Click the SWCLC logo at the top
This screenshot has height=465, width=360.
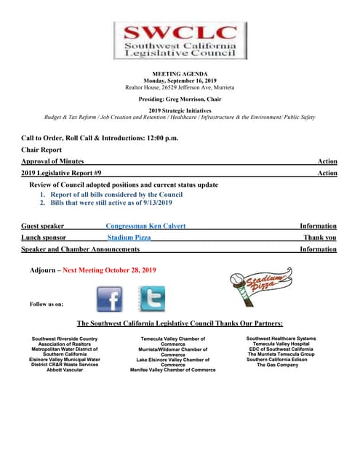(179, 40)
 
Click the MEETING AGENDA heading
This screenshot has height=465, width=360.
(180, 74)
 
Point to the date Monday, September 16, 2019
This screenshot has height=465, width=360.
(180, 81)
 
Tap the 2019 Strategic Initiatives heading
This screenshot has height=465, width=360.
(180, 110)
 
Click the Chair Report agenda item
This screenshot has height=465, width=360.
(41, 150)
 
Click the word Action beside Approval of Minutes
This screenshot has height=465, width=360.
(327, 161)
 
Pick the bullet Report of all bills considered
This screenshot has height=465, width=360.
(116, 195)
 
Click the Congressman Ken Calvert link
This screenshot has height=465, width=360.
(145, 226)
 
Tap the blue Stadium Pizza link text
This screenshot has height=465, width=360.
(129, 238)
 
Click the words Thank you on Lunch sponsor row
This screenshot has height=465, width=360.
(320, 238)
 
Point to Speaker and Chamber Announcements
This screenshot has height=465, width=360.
(80, 249)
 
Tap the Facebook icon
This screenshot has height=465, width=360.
(110, 299)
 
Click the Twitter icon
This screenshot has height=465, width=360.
(151, 299)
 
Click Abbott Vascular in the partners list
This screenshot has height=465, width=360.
(64, 370)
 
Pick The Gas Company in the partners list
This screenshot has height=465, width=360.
(277, 365)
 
